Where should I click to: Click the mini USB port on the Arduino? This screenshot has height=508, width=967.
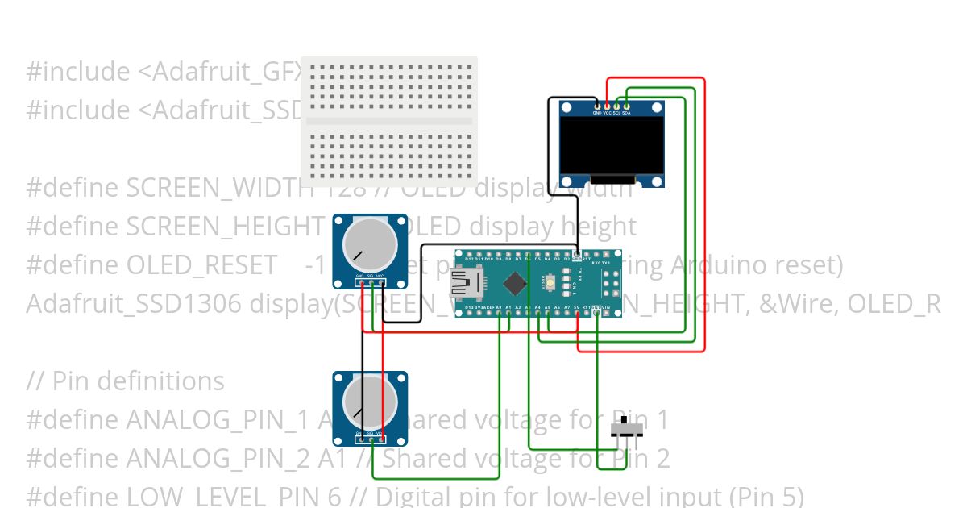point(464,282)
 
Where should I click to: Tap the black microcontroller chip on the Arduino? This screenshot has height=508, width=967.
point(514,283)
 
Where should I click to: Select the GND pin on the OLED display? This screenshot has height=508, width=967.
point(597,106)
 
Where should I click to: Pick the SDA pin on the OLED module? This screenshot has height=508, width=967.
point(626,106)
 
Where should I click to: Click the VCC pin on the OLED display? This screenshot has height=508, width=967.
point(607,106)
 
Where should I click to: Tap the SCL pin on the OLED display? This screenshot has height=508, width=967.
point(616,106)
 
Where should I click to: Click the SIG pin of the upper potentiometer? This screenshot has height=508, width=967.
point(370,282)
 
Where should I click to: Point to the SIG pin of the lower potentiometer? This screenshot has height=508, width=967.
point(370,439)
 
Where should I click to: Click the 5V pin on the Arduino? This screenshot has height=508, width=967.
point(577,313)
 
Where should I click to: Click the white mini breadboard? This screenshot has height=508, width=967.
point(389,121)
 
